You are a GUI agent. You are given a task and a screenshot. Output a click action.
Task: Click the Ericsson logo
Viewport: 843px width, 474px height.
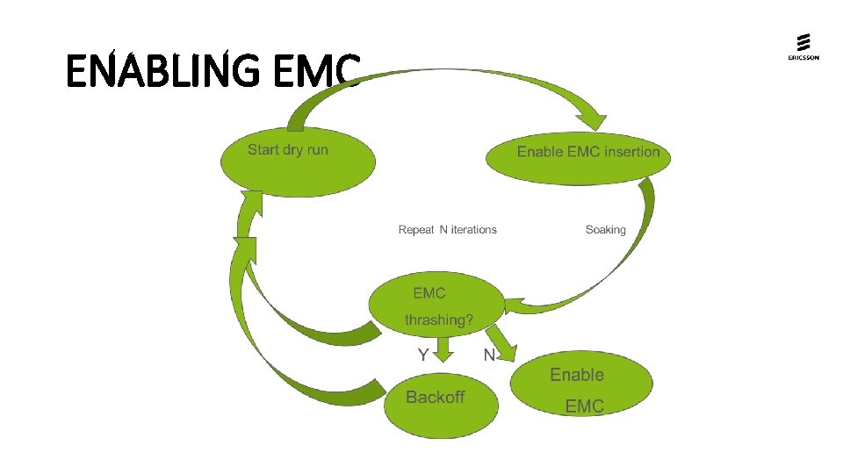pyautogui.click(x=803, y=47)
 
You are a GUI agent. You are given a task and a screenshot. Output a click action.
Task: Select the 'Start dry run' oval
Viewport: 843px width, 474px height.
pyautogui.click(x=297, y=162)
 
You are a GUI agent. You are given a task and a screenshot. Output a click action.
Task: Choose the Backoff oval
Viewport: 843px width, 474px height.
pyautogui.click(x=440, y=405)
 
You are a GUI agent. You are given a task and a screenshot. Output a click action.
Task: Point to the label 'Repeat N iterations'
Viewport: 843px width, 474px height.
pyautogui.click(x=447, y=230)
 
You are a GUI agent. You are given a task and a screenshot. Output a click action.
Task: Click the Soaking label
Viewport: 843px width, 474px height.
pyautogui.click(x=605, y=230)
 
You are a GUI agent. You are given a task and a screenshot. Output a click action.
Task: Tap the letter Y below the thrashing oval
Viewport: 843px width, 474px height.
pyautogui.click(x=423, y=355)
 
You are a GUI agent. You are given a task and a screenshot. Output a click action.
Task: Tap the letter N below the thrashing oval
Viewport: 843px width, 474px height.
pyautogui.click(x=489, y=355)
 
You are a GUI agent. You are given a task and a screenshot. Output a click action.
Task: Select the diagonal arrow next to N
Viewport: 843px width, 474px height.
pyautogui.click(x=502, y=341)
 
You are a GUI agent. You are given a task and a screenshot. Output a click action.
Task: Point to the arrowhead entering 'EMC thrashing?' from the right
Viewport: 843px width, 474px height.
pyautogui.click(x=514, y=306)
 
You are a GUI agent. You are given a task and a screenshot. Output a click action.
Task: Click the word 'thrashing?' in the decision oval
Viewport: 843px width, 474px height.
pyautogui.click(x=438, y=320)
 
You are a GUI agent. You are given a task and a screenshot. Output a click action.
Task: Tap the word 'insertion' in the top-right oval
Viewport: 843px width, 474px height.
pyautogui.click(x=631, y=152)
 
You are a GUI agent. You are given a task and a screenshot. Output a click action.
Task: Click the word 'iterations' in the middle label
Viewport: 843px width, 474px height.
pyautogui.click(x=473, y=230)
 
